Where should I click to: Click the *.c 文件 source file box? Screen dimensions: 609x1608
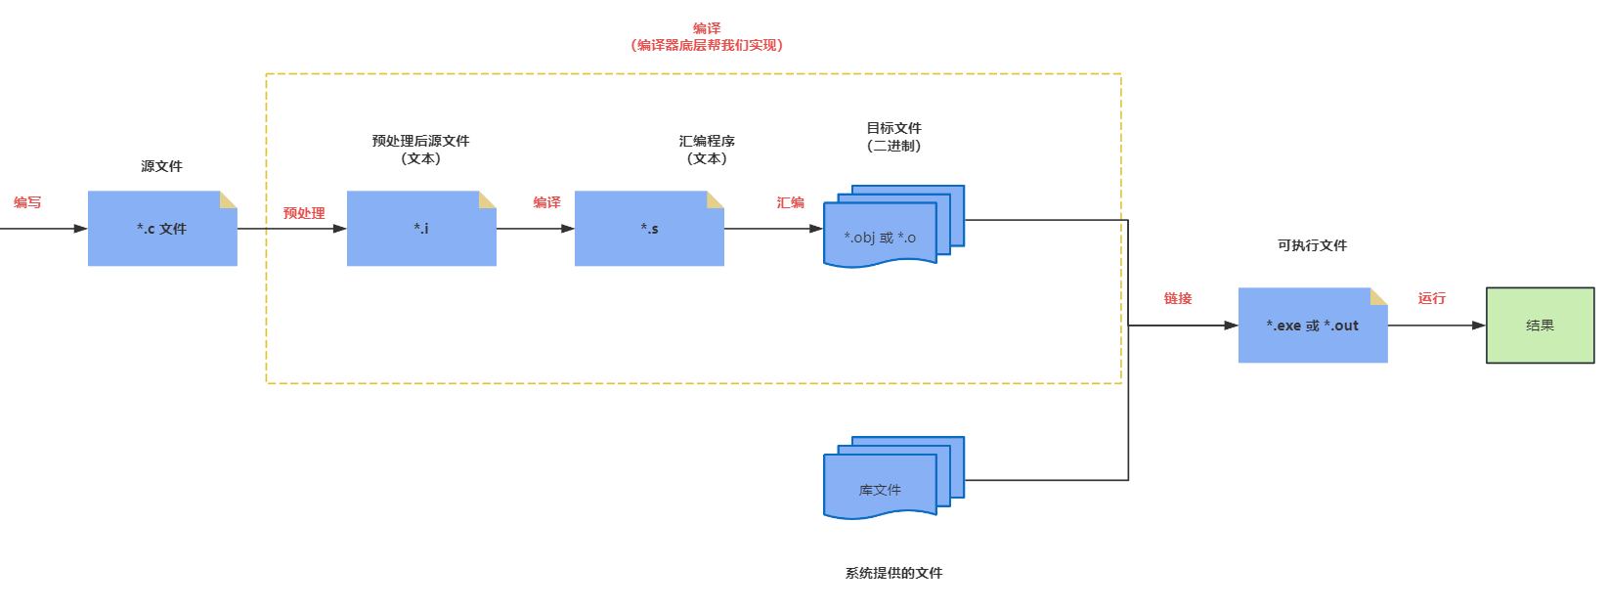(162, 229)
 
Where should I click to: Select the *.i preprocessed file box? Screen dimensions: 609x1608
(421, 229)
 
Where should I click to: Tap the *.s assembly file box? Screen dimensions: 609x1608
(649, 229)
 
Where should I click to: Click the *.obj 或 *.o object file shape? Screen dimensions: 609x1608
(880, 237)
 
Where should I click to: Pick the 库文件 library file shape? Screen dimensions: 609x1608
(880, 488)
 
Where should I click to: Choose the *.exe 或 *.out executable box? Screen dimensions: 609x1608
(1312, 326)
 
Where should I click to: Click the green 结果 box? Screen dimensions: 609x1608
(1540, 326)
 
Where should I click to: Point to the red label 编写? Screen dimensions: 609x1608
(27, 202)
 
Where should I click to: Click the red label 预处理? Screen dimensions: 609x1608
(304, 213)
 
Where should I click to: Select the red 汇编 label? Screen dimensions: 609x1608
(790, 202)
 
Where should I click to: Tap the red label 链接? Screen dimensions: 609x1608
(1178, 298)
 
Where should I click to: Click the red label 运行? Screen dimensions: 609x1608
(1431, 298)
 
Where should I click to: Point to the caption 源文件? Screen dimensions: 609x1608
(161, 166)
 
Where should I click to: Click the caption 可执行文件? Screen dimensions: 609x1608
(1312, 245)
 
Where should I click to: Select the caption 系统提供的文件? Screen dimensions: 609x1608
(893, 573)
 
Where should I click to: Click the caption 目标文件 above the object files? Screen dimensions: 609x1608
(893, 128)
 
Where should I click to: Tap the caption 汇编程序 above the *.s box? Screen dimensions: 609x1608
(707, 141)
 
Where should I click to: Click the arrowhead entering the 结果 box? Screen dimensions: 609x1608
(1479, 326)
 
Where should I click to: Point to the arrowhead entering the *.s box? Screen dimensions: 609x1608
(568, 229)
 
